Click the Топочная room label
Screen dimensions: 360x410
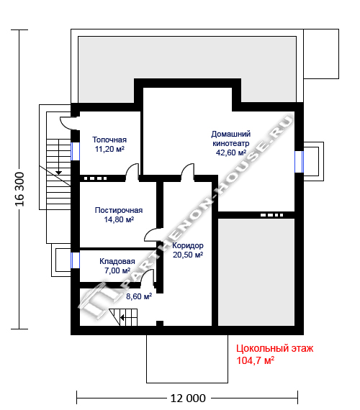[x=109, y=140]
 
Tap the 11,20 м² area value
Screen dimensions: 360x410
[x=109, y=149]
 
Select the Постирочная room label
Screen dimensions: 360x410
[x=119, y=210]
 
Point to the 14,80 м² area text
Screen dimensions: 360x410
[x=119, y=219]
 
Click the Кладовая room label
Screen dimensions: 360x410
[x=117, y=261]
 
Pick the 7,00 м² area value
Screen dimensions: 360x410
[x=117, y=270]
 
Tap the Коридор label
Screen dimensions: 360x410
[x=188, y=245]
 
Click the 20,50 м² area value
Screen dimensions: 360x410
[x=188, y=255]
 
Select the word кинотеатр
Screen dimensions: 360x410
[x=231, y=143]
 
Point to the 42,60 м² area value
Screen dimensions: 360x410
[x=231, y=152]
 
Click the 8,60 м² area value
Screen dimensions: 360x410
[x=139, y=296]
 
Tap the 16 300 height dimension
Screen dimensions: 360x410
[x=20, y=189]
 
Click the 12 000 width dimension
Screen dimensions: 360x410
[x=188, y=398]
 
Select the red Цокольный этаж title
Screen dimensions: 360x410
[x=274, y=348]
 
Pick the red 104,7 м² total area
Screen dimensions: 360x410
[x=256, y=360]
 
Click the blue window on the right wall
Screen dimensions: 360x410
[x=299, y=162]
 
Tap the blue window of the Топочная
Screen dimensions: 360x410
[x=75, y=151]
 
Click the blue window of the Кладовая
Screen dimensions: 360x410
[x=75, y=260]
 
